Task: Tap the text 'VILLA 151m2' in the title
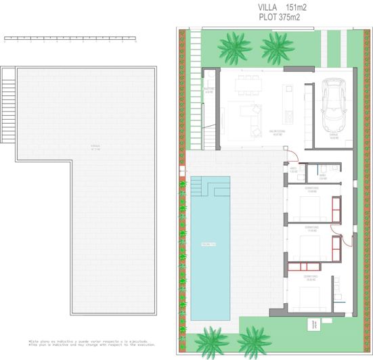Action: [x=277, y=8]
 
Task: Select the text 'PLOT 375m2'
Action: [x=277, y=19]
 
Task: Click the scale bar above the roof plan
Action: [x=70, y=38]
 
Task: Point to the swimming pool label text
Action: [x=208, y=244]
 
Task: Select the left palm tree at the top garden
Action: [x=232, y=45]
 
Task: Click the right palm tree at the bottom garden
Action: [x=255, y=340]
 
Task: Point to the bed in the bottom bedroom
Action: [x=311, y=296]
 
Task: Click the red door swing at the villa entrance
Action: [x=347, y=237]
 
